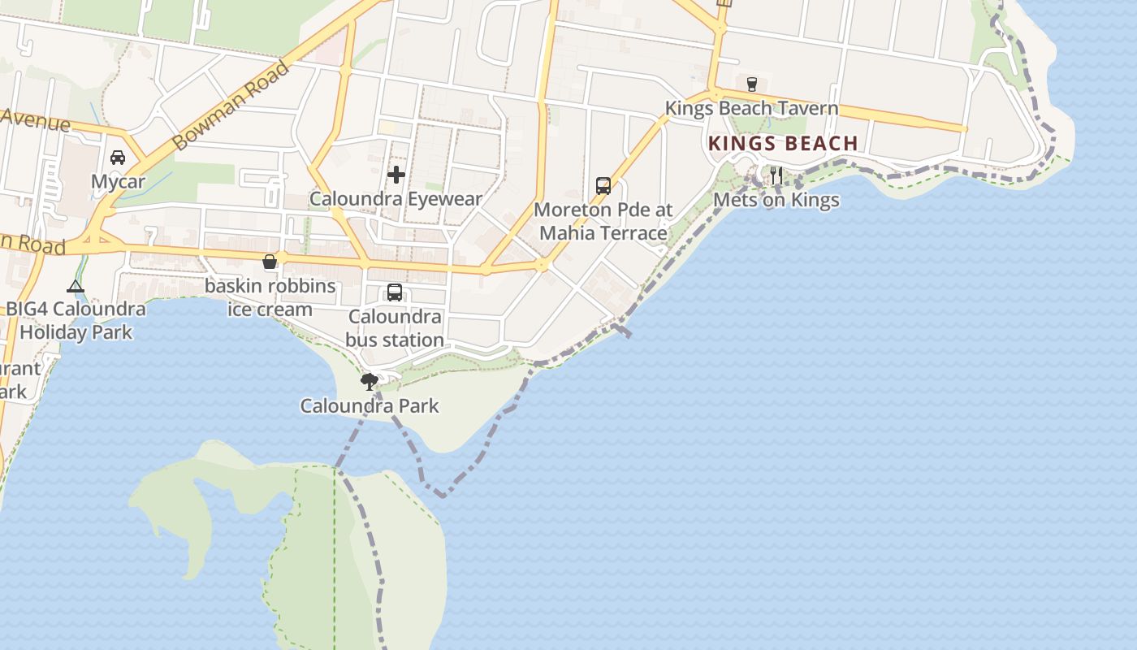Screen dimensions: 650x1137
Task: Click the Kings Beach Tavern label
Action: pos(751,108)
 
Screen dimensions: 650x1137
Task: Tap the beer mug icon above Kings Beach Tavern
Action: pos(751,84)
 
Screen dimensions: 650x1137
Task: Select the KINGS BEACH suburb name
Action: pos(783,144)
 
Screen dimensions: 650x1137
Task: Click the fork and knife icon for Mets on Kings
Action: pos(776,175)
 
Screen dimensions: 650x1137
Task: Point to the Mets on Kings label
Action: pos(776,200)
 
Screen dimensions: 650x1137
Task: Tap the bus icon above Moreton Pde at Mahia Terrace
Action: pos(603,185)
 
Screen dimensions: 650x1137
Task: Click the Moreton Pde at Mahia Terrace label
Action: pos(603,221)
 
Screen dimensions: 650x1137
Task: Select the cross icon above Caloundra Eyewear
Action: pos(396,175)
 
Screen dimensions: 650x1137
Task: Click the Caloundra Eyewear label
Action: pos(396,199)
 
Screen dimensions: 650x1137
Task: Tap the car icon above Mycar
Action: pos(118,158)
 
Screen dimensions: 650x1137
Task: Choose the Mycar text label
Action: pos(118,181)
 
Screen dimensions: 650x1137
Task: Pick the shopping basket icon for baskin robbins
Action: pos(270,262)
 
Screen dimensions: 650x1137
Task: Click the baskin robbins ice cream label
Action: pos(270,297)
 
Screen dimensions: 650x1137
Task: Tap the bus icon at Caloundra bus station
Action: pos(395,292)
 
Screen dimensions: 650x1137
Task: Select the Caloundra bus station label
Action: pos(395,328)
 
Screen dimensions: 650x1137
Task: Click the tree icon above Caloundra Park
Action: pos(370,381)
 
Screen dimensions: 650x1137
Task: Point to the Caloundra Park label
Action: pos(370,405)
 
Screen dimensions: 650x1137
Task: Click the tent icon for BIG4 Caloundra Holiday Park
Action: pos(76,286)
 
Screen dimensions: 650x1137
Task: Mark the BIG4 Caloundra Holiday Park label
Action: pos(76,320)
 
